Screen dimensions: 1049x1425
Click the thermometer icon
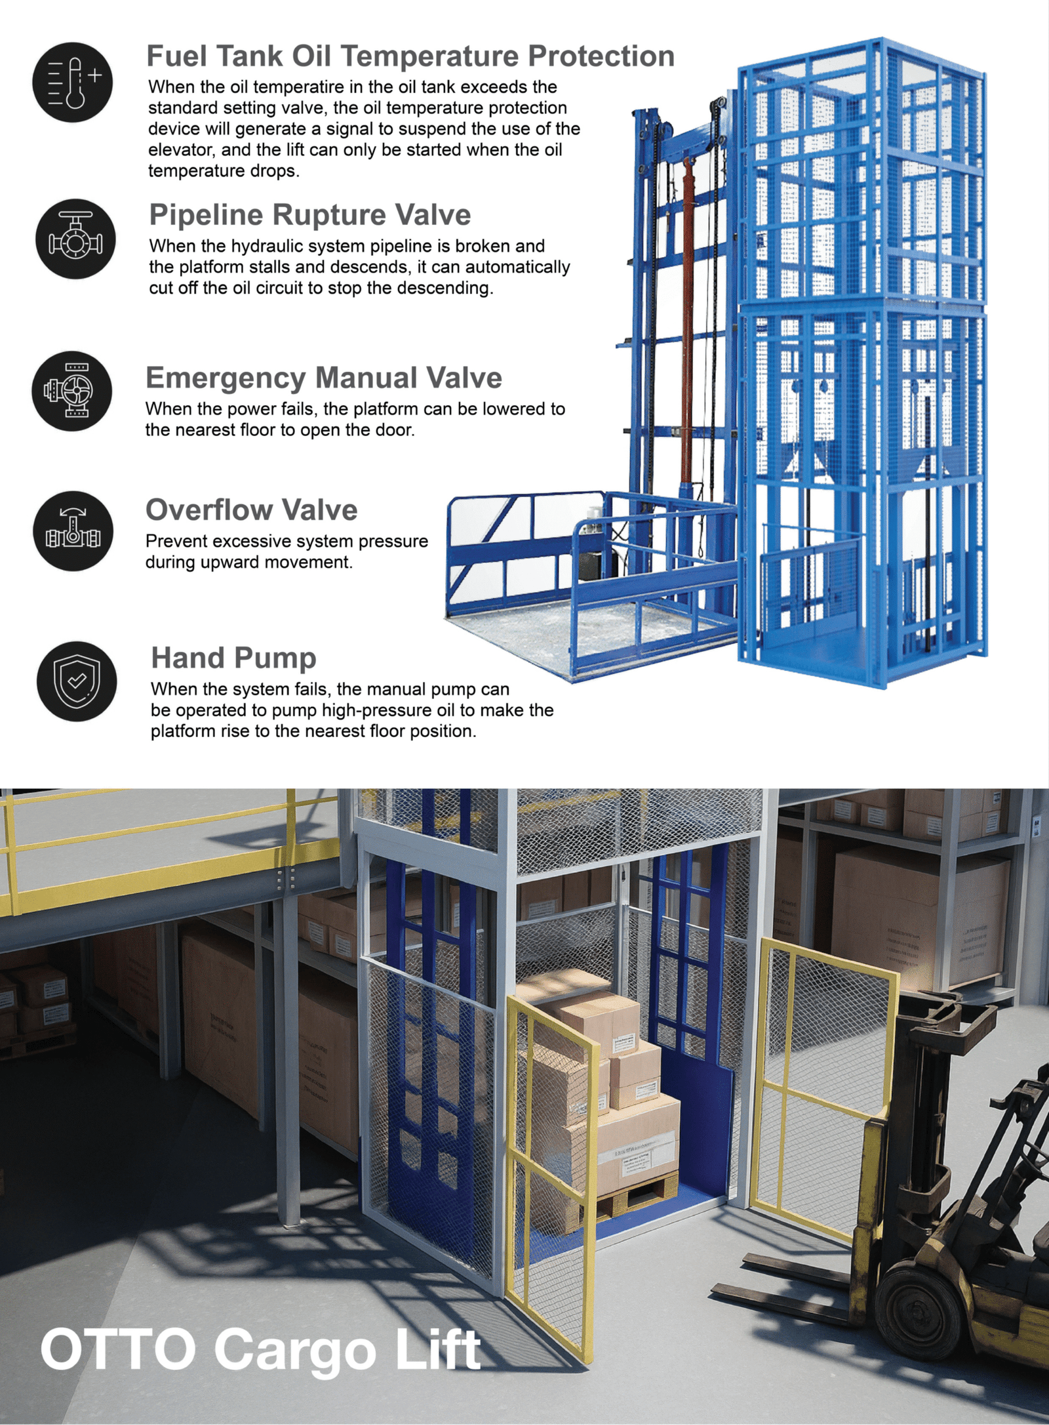tap(72, 82)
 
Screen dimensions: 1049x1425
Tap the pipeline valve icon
tap(75, 239)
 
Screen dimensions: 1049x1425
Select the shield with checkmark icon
tap(77, 681)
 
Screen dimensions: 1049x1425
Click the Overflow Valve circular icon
tap(73, 531)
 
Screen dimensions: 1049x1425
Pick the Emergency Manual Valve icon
tap(72, 391)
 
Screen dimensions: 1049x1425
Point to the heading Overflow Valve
tap(252, 510)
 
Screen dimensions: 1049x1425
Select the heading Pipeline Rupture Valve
tap(310, 215)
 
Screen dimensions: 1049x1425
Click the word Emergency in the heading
tap(226, 379)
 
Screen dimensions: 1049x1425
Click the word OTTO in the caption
tap(119, 1348)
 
